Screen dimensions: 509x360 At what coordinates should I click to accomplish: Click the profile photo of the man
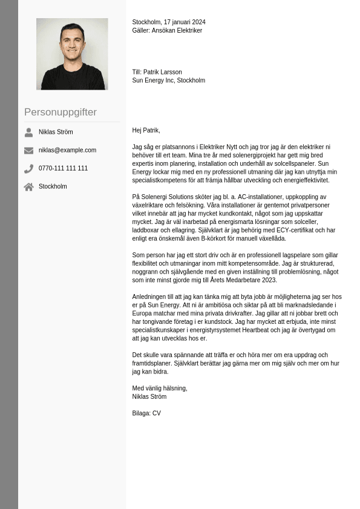pos(72,54)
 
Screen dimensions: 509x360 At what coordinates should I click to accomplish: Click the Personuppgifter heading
pos(61,112)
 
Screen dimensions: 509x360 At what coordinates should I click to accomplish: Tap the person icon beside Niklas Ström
pos(28,132)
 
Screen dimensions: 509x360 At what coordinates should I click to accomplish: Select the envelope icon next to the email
pos(28,150)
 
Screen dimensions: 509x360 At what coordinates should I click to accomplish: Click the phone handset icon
pos(28,168)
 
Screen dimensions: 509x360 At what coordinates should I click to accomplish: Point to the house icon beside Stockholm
pos(28,186)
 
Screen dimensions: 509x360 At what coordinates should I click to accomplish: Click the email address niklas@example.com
pos(67,150)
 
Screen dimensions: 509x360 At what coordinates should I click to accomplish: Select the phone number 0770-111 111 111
pos(63,168)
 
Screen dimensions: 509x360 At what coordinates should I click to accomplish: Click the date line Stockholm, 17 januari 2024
pos(169,22)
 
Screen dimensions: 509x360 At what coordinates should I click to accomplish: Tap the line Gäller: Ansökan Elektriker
pos(167,30)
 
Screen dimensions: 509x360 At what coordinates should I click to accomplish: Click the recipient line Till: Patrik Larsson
pos(157,72)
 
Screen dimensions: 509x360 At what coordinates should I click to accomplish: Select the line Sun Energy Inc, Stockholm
pos(168,80)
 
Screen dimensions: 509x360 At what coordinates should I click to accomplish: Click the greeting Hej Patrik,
pos(146,130)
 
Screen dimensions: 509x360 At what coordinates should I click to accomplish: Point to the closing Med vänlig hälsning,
pos(160,389)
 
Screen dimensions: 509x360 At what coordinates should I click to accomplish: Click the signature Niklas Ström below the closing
pos(149,397)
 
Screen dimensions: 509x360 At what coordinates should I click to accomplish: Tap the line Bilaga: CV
pos(146,413)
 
